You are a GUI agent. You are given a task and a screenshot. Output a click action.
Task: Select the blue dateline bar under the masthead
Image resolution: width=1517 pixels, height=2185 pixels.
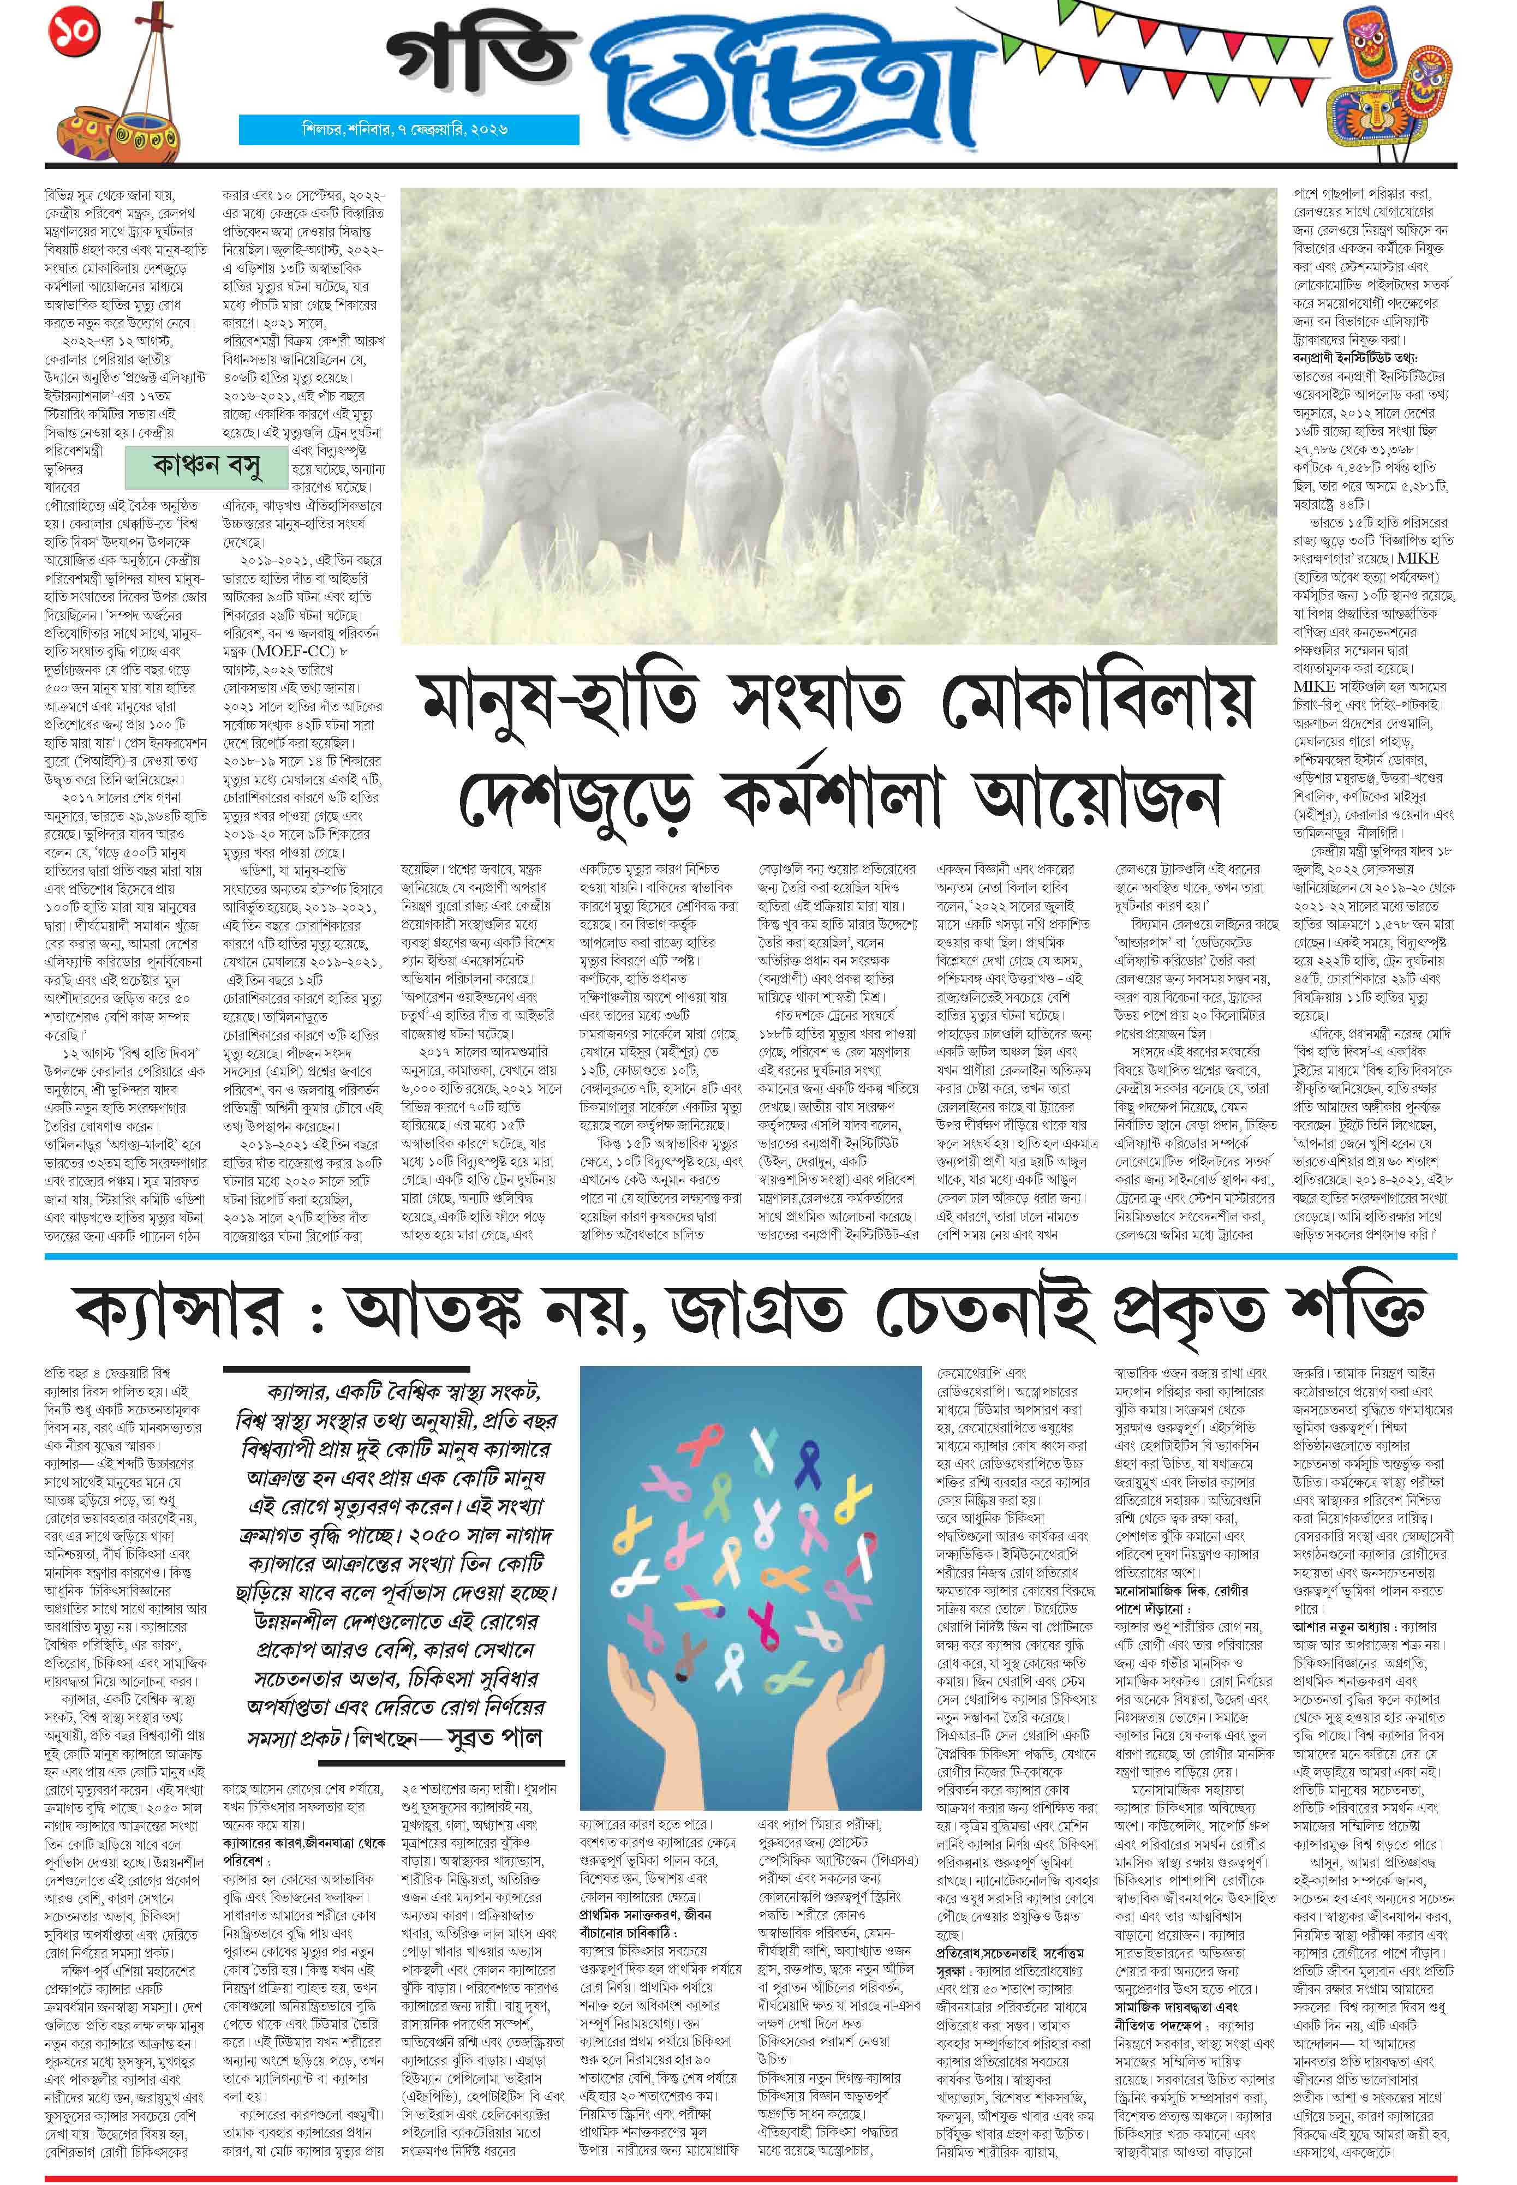point(409,130)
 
